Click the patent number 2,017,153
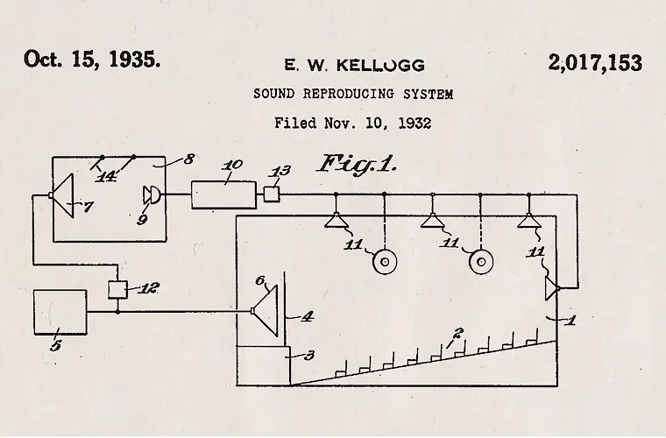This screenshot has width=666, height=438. pos(596,64)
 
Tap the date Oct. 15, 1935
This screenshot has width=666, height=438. pos(92,60)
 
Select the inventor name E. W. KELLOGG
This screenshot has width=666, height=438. pos(354,66)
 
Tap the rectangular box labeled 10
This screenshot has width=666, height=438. pos(223,194)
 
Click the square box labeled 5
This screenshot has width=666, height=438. pos(60,316)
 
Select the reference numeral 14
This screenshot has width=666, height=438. pos(108,174)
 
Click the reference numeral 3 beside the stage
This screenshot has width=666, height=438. pos(308,355)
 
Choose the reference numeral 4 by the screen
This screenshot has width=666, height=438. pos(306,317)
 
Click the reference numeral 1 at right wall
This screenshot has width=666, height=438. pos(570,321)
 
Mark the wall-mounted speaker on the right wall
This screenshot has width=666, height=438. pos(549,287)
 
